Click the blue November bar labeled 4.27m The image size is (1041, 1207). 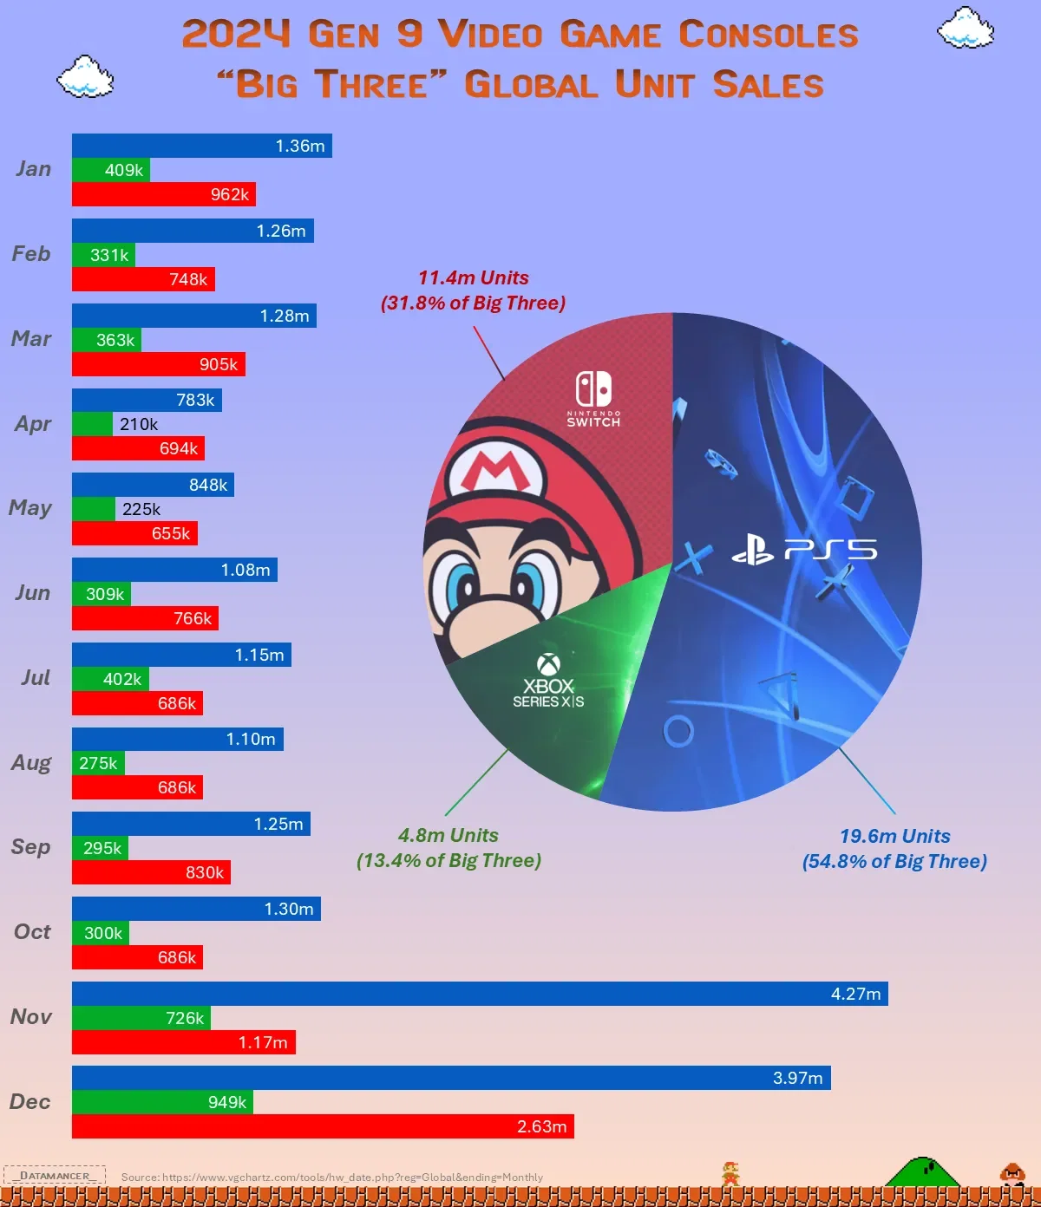480,994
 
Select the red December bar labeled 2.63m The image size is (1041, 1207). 323,1126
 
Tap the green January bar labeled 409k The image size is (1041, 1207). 111,170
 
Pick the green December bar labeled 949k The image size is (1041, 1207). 162,1102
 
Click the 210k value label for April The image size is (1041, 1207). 139,424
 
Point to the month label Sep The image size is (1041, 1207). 31,847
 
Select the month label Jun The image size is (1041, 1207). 32,593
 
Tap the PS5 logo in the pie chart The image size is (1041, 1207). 804,550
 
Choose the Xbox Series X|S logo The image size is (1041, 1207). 548,681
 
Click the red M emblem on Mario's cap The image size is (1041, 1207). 494,472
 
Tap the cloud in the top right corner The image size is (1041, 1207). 966,28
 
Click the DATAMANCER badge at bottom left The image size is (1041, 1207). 55,1176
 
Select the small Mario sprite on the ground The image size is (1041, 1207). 730,1174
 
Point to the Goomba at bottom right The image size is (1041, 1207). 1012,1174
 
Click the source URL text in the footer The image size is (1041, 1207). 332,1178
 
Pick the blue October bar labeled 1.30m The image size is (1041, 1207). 196,909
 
